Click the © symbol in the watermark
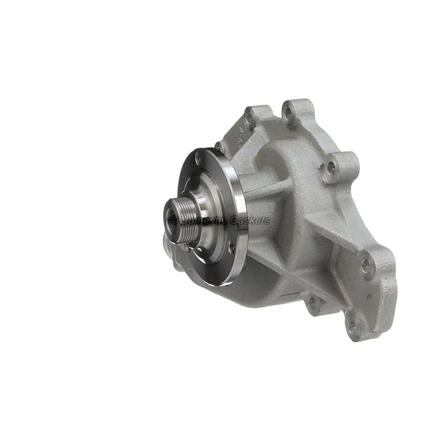click(174, 220)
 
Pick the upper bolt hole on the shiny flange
click(199, 159)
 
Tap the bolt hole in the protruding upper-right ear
click(332, 166)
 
